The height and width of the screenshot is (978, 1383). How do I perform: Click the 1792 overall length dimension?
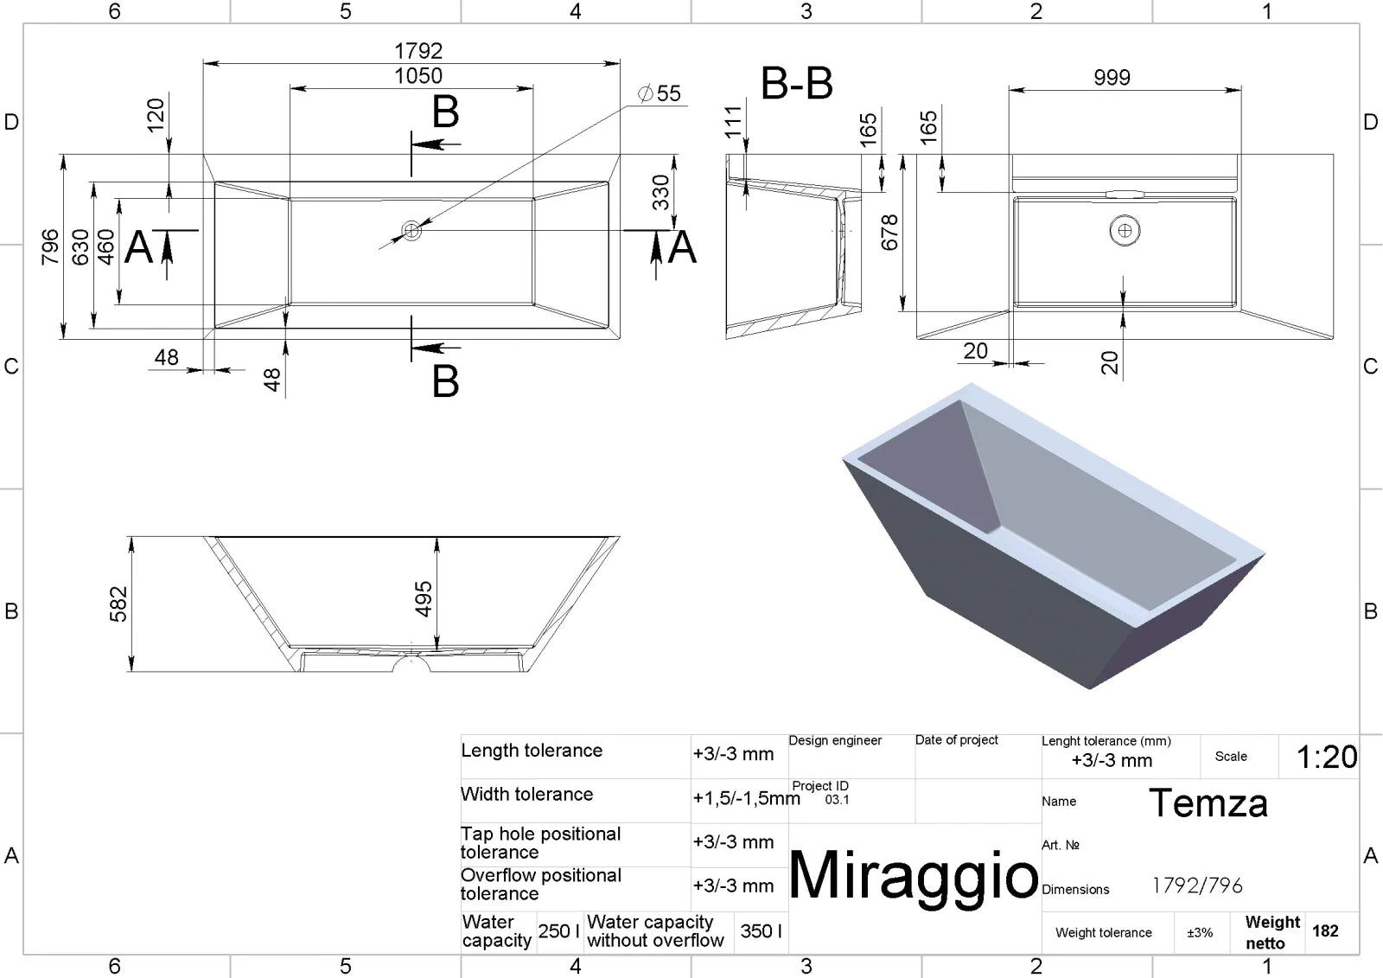[418, 51]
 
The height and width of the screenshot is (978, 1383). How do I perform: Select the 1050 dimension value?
[418, 76]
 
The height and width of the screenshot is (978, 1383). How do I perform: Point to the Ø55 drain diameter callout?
[659, 93]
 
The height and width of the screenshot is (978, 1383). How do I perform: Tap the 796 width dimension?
[50, 247]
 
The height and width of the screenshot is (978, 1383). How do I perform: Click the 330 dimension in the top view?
[660, 192]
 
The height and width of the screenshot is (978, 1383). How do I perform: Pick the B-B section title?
[796, 83]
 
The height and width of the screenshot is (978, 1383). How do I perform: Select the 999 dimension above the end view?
[1112, 77]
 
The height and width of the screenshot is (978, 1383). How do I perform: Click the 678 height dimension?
[889, 233]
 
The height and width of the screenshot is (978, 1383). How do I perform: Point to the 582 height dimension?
[118, 604]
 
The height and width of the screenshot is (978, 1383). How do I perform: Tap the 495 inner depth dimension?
[423, 598]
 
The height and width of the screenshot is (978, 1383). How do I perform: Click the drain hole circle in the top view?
[411, 230]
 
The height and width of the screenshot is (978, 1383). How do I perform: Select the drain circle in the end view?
[1125, 230]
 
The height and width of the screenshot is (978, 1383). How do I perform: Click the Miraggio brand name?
[913, 875]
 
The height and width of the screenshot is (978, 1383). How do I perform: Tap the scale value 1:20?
[1327, 757]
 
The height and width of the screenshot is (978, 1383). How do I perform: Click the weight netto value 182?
[1325, 931]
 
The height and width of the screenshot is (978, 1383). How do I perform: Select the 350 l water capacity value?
[762, 931]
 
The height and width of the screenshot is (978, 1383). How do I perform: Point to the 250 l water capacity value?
[558, 931]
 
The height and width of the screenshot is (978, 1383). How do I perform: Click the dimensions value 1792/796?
[1197, 885]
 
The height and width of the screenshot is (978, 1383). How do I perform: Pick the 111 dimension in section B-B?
[733, 122]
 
